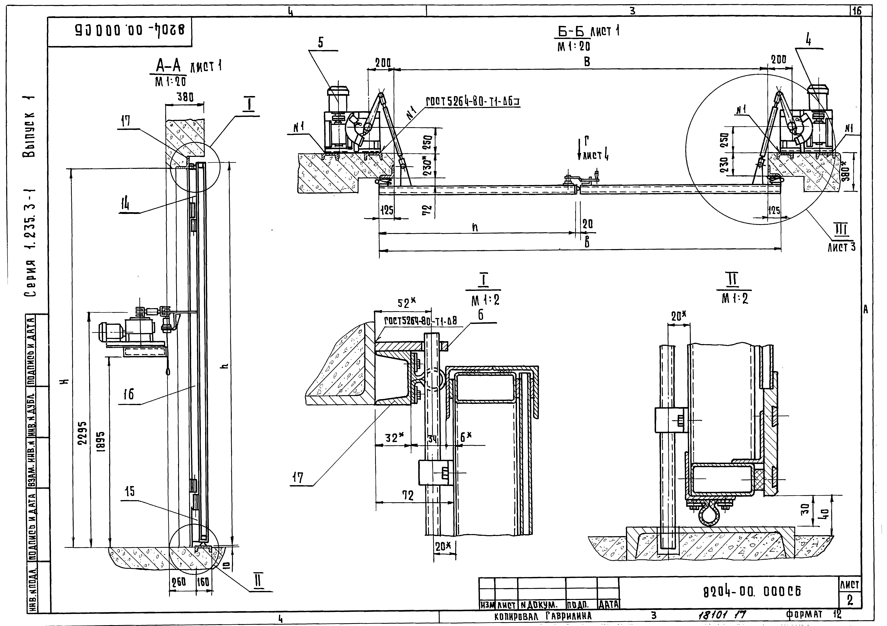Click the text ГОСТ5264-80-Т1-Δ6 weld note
(x=472, y=101)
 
